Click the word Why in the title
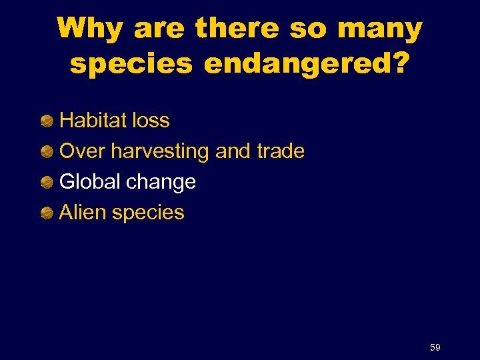(91, 29)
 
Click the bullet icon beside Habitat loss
(47, 121)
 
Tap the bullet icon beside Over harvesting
(47, 152)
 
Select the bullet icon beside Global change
(47, 183)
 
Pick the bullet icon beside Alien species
(47, 213)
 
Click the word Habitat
(92, 121)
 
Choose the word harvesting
(161, 152)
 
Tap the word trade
(280, 151)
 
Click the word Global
(89, 182)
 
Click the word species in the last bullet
(148, 213)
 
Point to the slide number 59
(435, 347)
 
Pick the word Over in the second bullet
(83, 151)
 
